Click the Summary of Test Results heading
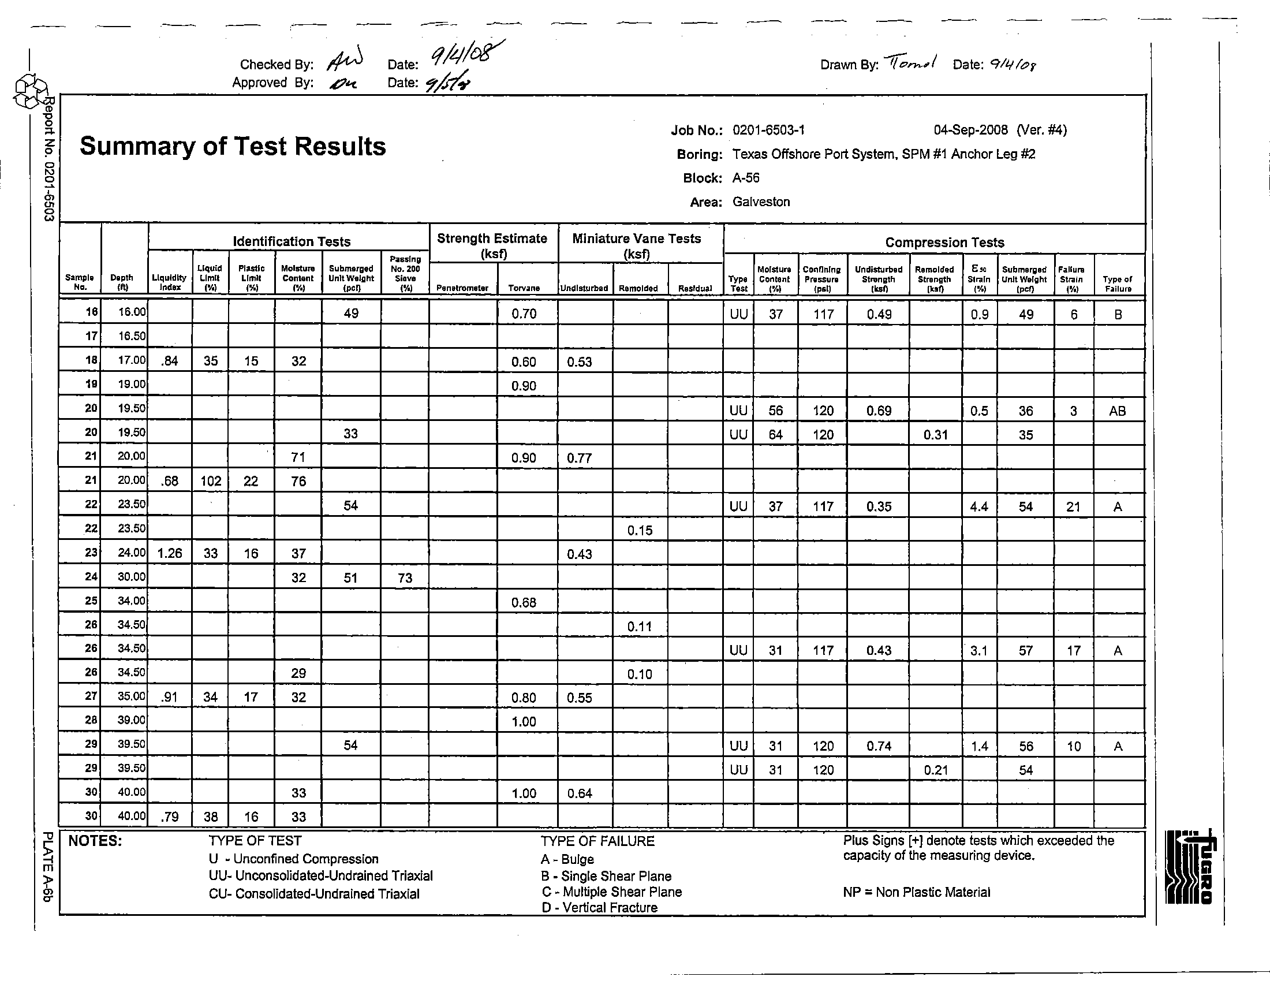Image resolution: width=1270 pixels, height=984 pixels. tap(233, 146)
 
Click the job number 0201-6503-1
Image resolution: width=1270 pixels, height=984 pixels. tap(769, 130)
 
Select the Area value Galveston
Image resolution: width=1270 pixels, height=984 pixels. tap(761, 202)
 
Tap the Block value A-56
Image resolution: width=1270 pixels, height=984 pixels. tap(746, 178)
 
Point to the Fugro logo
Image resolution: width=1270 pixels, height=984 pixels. tap(1190, 867)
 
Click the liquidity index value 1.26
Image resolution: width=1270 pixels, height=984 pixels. tap(170, 553)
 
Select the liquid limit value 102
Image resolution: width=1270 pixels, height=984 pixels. tap(211, 481)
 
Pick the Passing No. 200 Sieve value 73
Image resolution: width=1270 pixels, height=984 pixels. tap(405, 577)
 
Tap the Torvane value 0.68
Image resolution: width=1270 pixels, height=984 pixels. tap(524, 602)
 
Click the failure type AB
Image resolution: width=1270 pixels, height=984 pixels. tap(1117, 411)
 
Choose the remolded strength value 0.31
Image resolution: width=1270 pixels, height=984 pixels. tap(935, 435)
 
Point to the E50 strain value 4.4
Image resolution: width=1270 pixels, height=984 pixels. tap(979, 506)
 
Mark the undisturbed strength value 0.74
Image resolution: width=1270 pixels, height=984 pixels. tap(879, 746)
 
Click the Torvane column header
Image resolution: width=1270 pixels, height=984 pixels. tap(524, 288)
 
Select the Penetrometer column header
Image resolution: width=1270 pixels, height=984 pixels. tap(462, 288)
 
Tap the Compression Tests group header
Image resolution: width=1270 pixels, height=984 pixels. tap(944, 243)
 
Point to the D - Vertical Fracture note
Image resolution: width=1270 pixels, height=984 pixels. tap(599, 908)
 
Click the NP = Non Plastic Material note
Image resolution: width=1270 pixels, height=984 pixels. tap(916, 892)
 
